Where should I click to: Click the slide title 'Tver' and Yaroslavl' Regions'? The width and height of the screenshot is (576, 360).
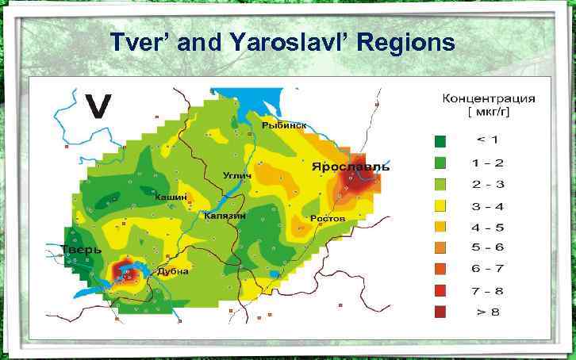pos(282,40)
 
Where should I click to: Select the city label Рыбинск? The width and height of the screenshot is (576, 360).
pos(284,125)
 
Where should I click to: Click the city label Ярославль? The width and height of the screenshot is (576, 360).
pos(350,167)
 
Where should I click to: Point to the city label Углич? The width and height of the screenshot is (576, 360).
pos(237,174)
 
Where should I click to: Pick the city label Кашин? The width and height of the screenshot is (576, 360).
pos(171,196)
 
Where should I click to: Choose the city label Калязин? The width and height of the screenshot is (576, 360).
pos(227,216)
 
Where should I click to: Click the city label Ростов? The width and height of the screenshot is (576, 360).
pos(327,217)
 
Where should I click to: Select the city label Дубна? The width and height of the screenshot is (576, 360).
pos(172,271)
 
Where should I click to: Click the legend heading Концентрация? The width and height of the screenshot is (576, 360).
pos(488,99)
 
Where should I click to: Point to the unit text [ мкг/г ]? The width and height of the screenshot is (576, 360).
pos(487,113)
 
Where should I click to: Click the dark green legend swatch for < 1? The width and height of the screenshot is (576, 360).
pos(440,141)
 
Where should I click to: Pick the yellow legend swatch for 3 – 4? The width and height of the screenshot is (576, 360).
pos(440,205)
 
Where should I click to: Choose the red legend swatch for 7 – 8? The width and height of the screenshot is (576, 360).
pos(440,290)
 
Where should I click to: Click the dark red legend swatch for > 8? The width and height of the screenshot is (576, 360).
pos(440,312)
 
